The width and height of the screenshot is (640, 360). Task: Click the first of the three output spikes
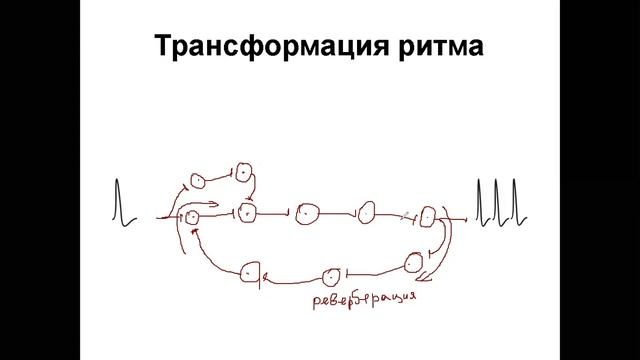click(480, 200)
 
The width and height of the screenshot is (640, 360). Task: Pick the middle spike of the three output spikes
click(497, 200)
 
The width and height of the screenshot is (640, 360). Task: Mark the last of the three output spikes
click(514, 200)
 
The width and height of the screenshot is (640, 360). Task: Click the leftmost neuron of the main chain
click(193, 215)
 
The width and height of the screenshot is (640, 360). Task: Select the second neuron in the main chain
click(248, 213)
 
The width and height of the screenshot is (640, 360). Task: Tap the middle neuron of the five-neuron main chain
click(307, 213)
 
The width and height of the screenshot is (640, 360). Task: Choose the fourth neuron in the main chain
click(367, 212)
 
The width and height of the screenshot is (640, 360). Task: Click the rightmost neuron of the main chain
click(429, 215)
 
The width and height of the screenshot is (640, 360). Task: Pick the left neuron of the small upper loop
click(197, 180)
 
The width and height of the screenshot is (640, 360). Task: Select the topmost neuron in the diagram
click(243, 172)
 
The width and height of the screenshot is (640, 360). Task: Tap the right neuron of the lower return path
click(415, 263)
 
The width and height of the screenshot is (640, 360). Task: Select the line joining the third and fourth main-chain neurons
click(337, 213)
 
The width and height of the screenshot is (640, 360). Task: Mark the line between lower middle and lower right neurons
click(374, 269)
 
